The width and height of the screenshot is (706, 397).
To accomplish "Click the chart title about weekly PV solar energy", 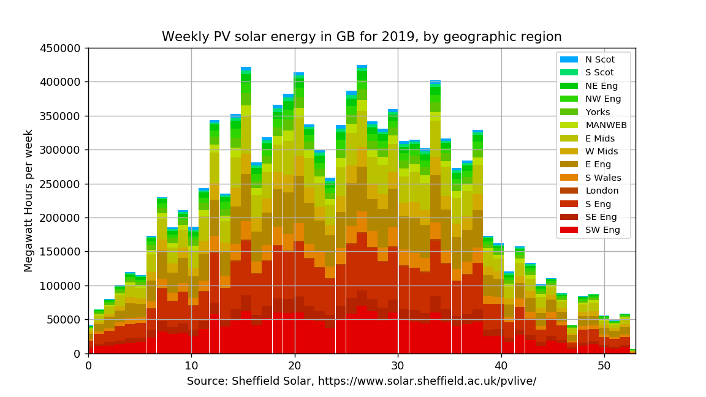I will pos(362,37).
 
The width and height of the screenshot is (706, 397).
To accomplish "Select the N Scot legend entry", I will pos(599,59).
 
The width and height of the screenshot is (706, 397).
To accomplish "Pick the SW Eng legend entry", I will pos(602,230).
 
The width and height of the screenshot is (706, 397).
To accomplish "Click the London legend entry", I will pos(602,191).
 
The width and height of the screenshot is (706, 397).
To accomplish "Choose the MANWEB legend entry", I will pos(605,125).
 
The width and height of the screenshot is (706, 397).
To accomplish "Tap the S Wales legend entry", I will pos(603,178).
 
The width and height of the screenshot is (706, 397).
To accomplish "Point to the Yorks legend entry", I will pos(598,112).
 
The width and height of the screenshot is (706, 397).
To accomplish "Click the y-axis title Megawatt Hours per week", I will pos(29,200).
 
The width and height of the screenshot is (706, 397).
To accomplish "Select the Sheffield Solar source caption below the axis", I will pos(362,381).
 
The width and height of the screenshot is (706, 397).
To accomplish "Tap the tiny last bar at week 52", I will pos(632,351).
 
